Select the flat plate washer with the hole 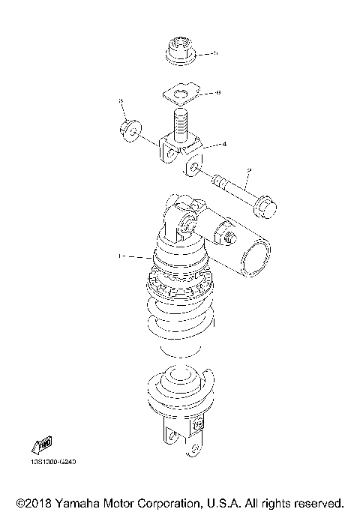179,94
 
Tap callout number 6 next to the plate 217,93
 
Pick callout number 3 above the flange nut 120,100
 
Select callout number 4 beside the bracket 223,143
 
